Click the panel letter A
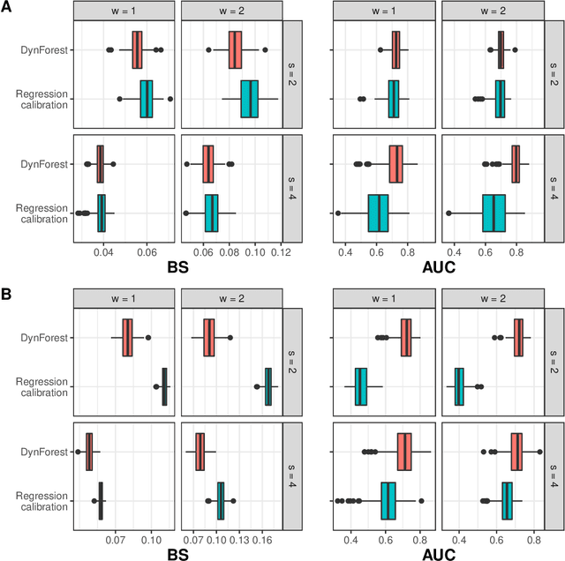tap(7, 8)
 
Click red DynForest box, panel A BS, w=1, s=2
tap(137, 49)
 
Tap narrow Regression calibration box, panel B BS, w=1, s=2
tap(164, 386)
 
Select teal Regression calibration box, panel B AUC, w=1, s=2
tap(361, 386)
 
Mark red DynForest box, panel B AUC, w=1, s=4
tap(404, 452)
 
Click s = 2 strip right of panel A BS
tap(293, 74)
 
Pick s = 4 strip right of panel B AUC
tap(554, 476)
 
